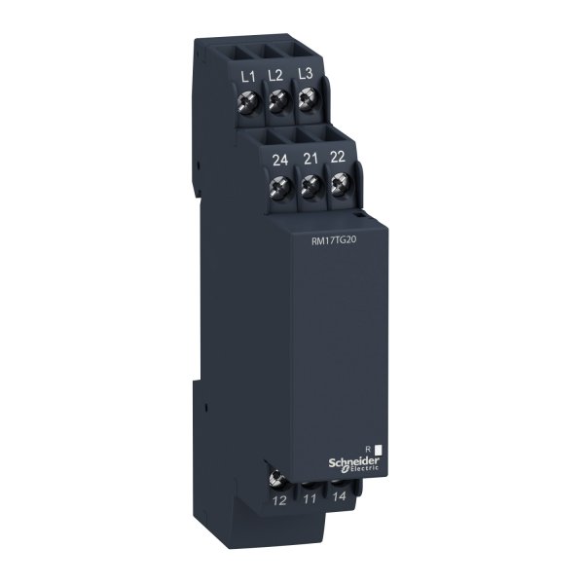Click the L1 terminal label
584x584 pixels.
[x=246, y=75]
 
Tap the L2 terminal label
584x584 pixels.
[x=277, y=75]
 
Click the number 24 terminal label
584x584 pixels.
[x=280, y=159]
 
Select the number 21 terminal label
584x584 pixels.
[x=311, y=159]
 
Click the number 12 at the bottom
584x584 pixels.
[x=280, y=500]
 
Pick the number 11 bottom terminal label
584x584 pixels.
[x=311, y=500]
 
